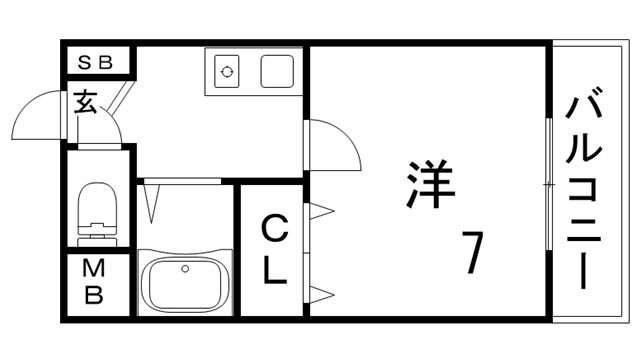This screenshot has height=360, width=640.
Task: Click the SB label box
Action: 97,61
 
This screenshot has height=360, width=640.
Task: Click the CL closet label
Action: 275,249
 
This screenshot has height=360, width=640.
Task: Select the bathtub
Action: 185,283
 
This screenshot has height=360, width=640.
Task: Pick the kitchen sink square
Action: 276,71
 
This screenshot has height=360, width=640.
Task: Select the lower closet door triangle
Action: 322,292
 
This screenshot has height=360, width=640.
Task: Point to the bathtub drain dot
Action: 184,268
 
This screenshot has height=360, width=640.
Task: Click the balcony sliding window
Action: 548,185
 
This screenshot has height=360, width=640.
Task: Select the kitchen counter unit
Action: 253,71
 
